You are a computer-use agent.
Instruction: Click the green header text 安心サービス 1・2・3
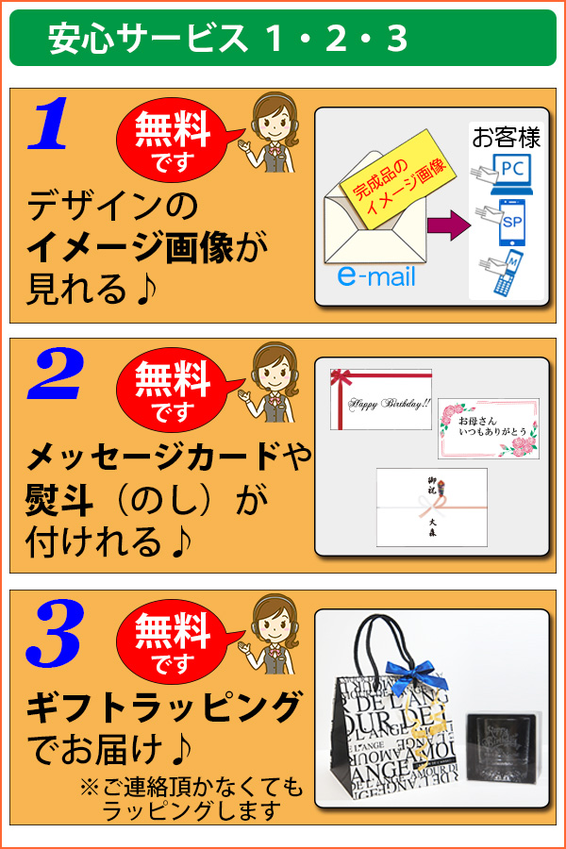pos(227,39)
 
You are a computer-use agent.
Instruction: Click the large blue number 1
pos(49,126)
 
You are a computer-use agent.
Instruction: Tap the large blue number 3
pos(55,629)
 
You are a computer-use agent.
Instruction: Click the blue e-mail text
pos(375,277)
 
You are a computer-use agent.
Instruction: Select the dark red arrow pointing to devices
pos(447,225)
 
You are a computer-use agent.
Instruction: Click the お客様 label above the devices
pos(506,139)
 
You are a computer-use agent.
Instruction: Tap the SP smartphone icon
pos(509,225)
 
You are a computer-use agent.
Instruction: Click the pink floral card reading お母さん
pos(488,427)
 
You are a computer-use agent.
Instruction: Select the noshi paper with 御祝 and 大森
pos(431,507)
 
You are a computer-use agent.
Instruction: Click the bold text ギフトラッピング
pos(164,705)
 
